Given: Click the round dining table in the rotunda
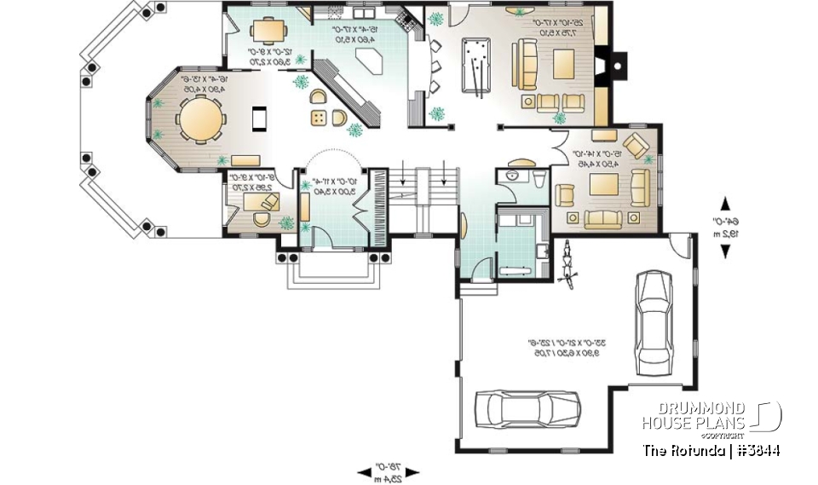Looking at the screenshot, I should coord(201,118).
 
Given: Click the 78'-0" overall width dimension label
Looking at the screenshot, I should coord(389,472).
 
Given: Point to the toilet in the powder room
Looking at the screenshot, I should coord(539,175).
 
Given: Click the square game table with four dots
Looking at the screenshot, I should coord(318,117).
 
